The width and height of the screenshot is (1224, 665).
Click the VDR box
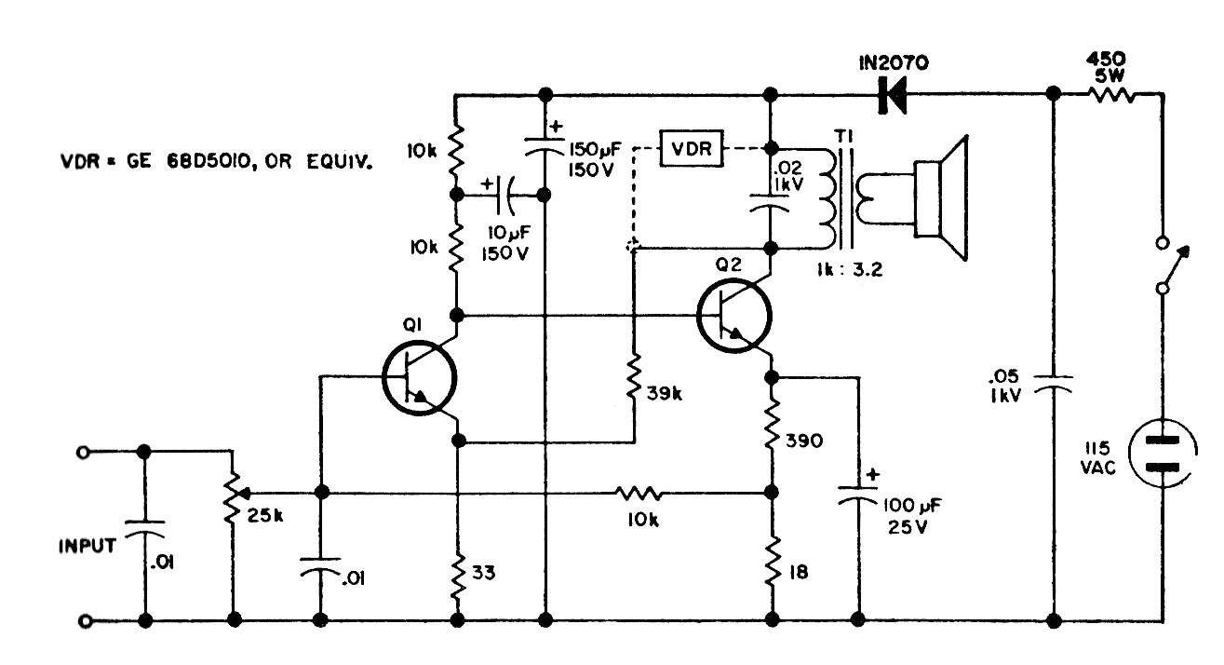coord(692,148)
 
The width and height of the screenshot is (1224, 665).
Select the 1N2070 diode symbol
coord(892,96)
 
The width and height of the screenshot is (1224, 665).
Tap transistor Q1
coord(420,378)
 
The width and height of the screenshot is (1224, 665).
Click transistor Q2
coord(734,316)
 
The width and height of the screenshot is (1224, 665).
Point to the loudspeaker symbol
coord(941,198)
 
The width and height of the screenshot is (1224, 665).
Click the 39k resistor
coord(633,377)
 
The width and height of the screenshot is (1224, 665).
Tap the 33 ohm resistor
coord(458,576)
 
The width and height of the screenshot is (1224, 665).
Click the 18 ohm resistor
coord(773,561)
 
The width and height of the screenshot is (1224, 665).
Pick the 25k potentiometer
coord(234,497)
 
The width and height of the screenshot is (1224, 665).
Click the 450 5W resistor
coord(1110,96)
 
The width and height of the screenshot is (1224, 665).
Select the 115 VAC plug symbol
coord(1163,453)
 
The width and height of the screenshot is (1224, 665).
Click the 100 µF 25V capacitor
coord(858,494)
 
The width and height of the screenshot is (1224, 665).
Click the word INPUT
coord(87,546)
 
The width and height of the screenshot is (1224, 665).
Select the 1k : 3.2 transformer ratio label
coord(850,269)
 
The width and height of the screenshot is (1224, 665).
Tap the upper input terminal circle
coord(83,453)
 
